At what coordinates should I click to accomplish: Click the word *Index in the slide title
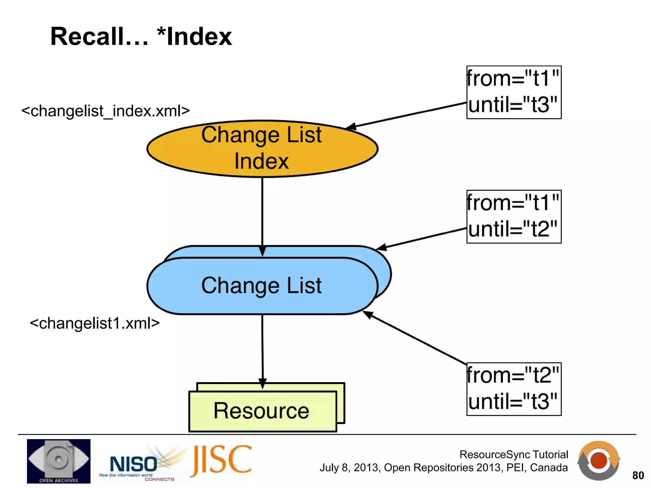pos(195,37)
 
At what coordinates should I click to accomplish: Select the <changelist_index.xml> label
pos(106,111)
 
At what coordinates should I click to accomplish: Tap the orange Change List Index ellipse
pos(262,148)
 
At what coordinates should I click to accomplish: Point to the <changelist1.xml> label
pos(95,323)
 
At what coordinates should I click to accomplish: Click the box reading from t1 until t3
pos(514,92)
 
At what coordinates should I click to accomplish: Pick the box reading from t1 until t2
pos(514,217)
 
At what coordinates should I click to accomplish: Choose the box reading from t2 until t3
pos(514,389)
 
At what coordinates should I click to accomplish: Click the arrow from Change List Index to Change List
pos(262,213)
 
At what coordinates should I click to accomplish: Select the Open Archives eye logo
pos(58,461)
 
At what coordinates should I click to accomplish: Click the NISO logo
pos(134,464)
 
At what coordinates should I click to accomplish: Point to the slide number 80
pos(638,475)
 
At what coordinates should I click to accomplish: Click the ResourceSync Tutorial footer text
pos(513,455)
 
